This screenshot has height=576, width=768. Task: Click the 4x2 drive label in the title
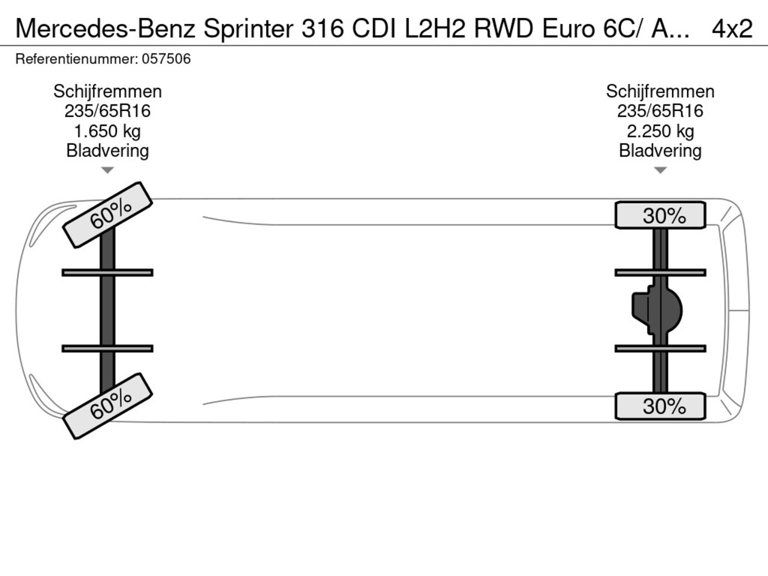pyautogui.click(x=732, y=29)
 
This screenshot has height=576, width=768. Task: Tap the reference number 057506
pyautogui.click(x=166, y=59)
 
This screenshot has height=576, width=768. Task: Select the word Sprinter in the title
pyautogui.click(x=248, y=29)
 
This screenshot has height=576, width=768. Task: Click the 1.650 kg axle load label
pyautogui.click(x=107, y=131)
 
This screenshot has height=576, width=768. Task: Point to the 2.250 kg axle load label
pyautogui.click(x=660, y=131)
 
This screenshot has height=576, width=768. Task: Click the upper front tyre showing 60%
pyautogui.click(x=107, y=215)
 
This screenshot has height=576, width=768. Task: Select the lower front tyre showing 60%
pyautogui.click(x=107, y=406)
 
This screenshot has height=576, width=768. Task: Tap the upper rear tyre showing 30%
pyautogui.click(x=660, y=215)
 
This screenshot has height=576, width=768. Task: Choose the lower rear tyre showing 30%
pyautogui.click(x=660, y=406)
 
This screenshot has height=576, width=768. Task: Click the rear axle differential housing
pyautogui.click(x=657, y=310)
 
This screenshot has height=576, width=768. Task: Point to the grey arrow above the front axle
pyautogui.click(x=107, y=170)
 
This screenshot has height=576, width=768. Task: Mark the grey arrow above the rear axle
pyautogui.click(x=660, y=170)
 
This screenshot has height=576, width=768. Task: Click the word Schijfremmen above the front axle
pyautogui.click(x=107, y=92)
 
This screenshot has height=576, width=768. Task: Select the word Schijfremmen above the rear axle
pyautogui.click(x=660, y=92)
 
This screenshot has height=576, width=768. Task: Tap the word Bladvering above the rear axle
pyautogui.click(x=660, y=151)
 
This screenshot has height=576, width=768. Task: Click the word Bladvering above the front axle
pyautogui.click(x=107, y=151)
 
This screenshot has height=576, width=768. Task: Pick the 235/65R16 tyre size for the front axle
pyautogui.click(x=107, y=111)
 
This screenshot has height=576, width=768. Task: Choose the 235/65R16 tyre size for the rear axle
pyautogui.click(x=660, y=111)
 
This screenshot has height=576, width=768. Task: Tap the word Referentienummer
pyautogui.click(x=77, y=59)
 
